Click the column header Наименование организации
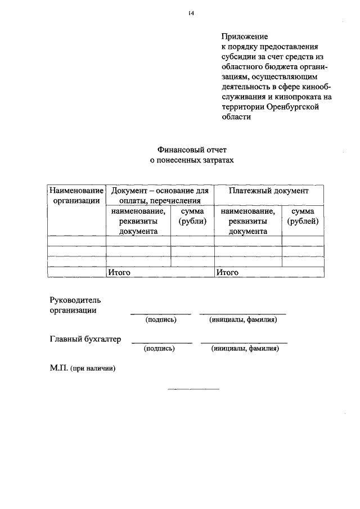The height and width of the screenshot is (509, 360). [76, 195]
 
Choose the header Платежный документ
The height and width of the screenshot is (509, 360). [269, 191]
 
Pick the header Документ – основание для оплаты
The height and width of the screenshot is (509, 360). [160, 195]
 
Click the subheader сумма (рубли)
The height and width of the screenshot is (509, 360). [192, 216]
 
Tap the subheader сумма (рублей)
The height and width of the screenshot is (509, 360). [303, 216]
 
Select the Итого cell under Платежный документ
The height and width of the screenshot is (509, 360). [227, 272]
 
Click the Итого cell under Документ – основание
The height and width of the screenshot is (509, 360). [119, 272]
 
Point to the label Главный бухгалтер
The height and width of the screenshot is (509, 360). [85, 339]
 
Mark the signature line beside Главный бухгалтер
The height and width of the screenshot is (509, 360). [161, 343]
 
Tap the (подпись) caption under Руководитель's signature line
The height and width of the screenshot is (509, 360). [161, 319]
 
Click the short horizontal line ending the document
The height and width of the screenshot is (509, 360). [193, 389]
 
